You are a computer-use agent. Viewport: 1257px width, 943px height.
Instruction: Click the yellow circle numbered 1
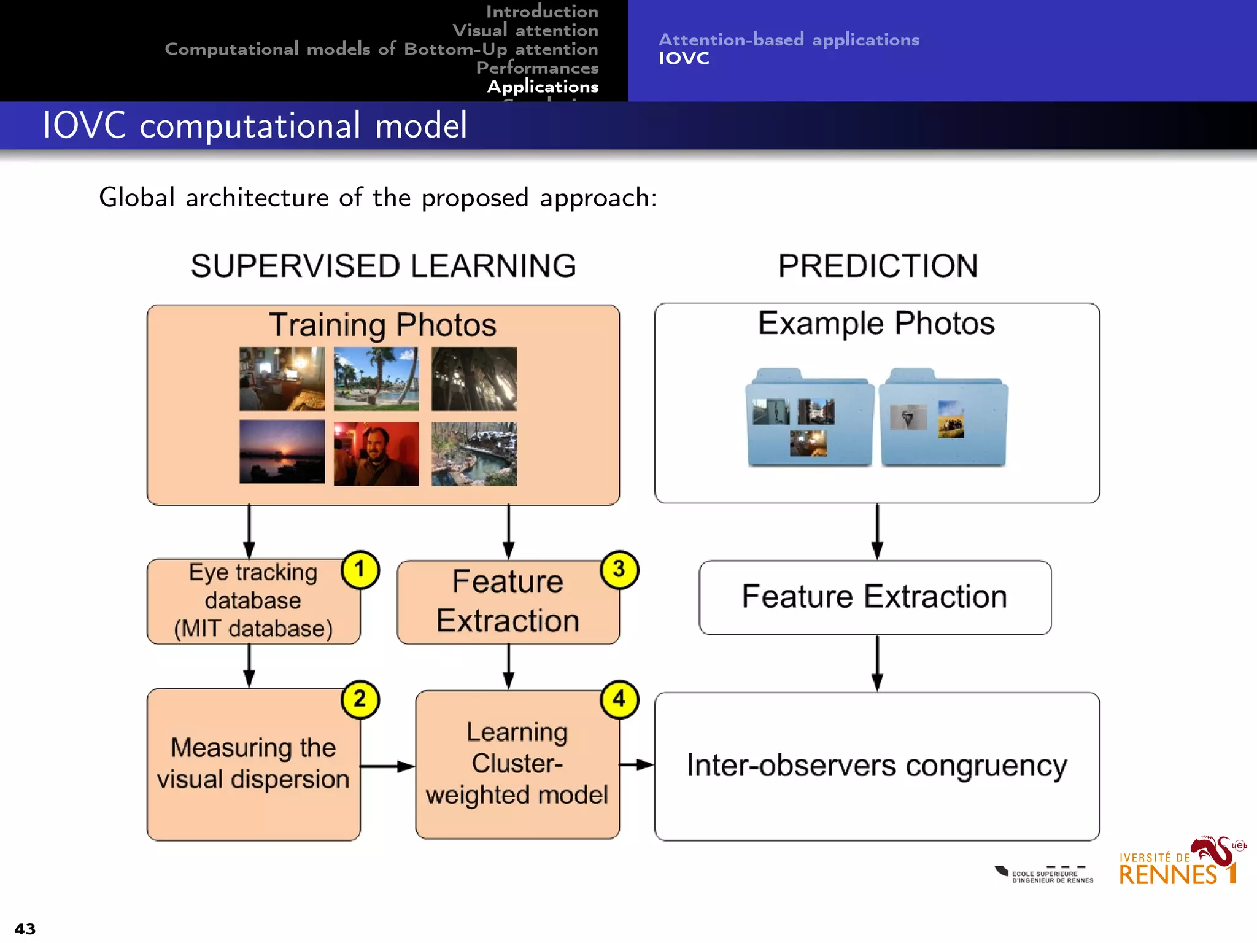click(360, 570)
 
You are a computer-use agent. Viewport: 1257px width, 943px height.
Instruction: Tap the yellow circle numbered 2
click(360, 700)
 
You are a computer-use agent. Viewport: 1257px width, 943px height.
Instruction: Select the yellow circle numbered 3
click(619, 570)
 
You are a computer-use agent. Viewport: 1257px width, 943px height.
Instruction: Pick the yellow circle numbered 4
click(619, 699)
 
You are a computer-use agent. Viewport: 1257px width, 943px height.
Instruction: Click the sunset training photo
click(282, 452)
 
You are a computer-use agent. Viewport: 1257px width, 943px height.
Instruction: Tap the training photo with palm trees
click(376, 379)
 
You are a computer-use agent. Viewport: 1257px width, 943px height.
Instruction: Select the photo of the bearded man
click(376, 454)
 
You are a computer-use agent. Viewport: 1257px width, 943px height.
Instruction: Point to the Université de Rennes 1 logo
click(1178, 863)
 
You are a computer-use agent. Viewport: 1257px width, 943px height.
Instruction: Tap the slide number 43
click(25, 929)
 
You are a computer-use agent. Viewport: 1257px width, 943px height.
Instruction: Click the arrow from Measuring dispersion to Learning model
click(387, 766)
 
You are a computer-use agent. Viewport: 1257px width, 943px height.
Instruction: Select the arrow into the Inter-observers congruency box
click(636, 765)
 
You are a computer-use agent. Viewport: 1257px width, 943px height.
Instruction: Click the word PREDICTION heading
click(878, 266)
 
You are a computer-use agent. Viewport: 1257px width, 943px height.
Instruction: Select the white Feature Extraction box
click(875, 597)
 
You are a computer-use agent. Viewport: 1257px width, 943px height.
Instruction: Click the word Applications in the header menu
click(543, 87)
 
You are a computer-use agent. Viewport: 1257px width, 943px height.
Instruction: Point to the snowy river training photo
click(474, 454)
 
